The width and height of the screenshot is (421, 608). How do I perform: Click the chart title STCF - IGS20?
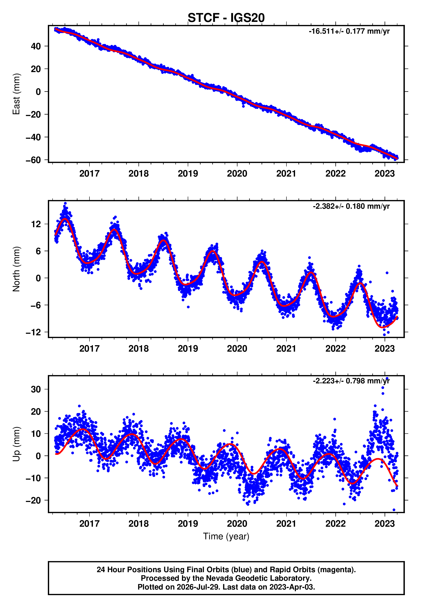pyautogui.click(x=226, y=18)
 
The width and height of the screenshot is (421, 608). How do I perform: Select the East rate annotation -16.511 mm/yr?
pyautogui.click(x=349, y=31)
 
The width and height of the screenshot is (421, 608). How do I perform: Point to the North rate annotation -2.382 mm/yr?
pyautogui.click(x=351, y=206)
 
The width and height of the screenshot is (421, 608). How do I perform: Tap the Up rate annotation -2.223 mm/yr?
pyautogui.click(x=351, y=381)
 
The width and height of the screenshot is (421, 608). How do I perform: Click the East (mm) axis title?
pyautogui.click(x=16, y=94)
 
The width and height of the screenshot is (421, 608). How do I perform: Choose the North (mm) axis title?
pyautogui.click(x=16, y=269)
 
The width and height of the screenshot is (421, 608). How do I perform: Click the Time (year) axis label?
pyautogui.click(x=226, y=537)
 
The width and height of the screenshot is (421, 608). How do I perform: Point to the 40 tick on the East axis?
pyautogui.click(x=36, y=46)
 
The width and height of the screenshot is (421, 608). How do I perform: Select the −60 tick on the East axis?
pyautogui.click(x=33, y=160)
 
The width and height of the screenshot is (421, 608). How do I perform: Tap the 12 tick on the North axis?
pyautogui.click(x=36, y=224)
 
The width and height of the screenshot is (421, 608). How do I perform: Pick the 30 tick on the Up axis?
pyautogui.click(x=36, y=389)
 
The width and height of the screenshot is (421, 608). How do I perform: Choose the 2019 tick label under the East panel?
pyautogui.click(x=188, y=174)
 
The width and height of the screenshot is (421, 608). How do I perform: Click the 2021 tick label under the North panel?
pyautogui.click(x=286, y=349)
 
